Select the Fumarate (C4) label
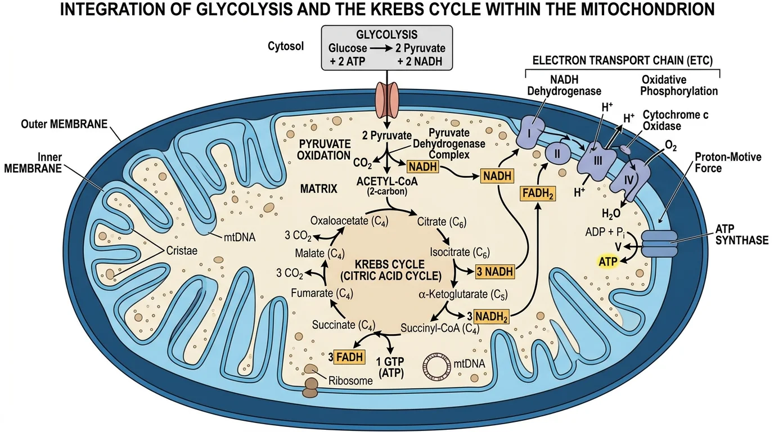click(x=322, y=292)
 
